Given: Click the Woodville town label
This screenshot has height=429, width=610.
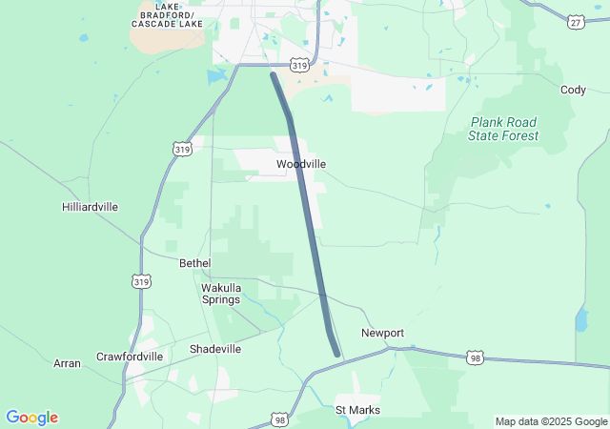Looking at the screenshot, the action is (x=301, y=164).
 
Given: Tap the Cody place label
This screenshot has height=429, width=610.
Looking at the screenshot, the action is (x=573, y=90).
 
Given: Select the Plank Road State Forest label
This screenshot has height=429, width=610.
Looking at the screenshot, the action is (x=502, y=129).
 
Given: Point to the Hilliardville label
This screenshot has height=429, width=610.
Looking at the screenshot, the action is (x=90, y=207).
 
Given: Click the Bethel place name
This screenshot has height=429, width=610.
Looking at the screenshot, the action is (x=194, y=262).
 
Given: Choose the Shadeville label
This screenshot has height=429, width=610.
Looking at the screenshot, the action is (x=215, y=349).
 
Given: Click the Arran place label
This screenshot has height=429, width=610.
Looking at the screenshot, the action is (x=67, y=363).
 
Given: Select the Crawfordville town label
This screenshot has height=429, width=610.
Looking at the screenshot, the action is (x=130, y=357).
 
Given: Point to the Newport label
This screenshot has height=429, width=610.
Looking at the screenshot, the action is (x=382, y=333).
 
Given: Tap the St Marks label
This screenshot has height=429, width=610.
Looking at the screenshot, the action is (x=357, y=410).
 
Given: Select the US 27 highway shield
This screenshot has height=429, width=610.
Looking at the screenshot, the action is (x=575, y=21).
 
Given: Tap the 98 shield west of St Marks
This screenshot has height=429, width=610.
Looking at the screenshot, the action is (x=279, y=419).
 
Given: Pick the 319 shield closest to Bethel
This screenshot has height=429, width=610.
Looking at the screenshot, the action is (x=141, y=281).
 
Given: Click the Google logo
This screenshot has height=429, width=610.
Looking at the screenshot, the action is (x=31, y=418).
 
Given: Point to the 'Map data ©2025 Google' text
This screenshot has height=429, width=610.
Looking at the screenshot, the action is (x=550, y=421).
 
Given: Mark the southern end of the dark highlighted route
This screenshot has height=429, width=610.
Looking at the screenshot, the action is (x=337, y=354).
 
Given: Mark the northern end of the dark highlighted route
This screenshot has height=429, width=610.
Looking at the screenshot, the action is (x=274, y=74).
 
